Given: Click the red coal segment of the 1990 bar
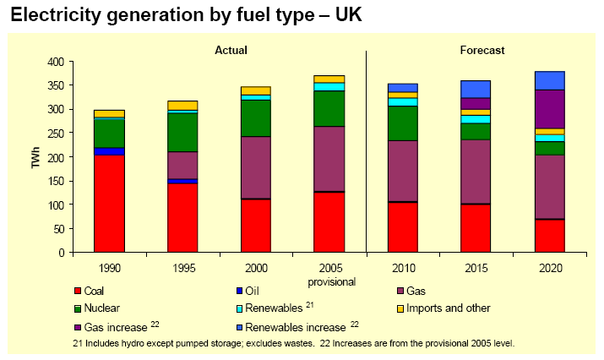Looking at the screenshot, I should pyautogui.click(x=109, y=204).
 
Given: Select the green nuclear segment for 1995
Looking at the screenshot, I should pyautogui.click(x=182, y=132).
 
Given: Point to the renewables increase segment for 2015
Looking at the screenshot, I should pyautogui.click(x=475, y=89).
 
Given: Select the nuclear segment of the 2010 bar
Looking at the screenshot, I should pyautogui.click(x=402, y=123).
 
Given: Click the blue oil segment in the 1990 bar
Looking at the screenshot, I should pyautogui.click(x=109, y=151).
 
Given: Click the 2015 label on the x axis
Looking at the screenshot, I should pyautogui.click(x=475, y=268).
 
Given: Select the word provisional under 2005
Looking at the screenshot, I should pyautogui.click(x=329, y=281).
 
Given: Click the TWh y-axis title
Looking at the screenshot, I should pyautogui.click(x=35, y=157).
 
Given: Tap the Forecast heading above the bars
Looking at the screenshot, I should pyautogui.click(x=482, y=50).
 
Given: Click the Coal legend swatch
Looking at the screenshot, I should pyautogui.click(x=78, y=292).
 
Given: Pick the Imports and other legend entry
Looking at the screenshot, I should pyautogui.click(x=449, y=308).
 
